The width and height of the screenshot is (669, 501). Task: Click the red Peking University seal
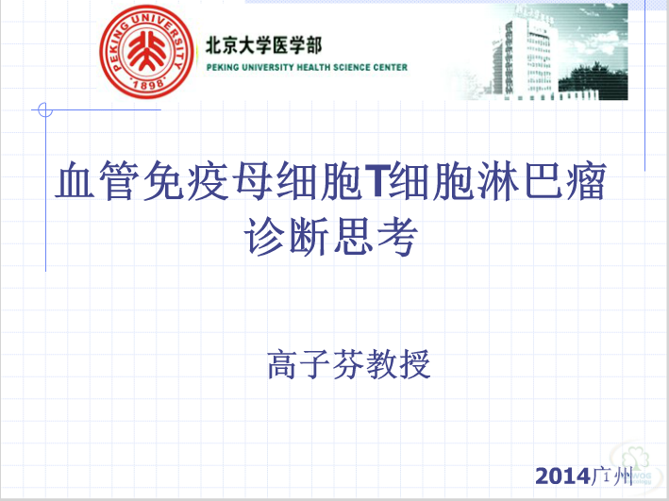[146, 52]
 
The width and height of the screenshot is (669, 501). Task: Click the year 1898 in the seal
[147, 84]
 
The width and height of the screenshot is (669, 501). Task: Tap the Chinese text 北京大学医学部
[263, 45]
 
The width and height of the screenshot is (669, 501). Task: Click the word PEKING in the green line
[223, 67]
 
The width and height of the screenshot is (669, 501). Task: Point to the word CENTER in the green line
[391, 67]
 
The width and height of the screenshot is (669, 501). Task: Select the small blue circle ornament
[44, 109]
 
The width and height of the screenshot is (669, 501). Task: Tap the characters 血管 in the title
[97, 180]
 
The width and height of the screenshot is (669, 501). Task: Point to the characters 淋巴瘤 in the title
[540, 180]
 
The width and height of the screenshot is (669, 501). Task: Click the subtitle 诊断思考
[331, 236]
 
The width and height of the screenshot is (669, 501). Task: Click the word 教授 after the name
[398, 364]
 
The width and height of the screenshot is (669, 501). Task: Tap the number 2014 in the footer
[562, 476]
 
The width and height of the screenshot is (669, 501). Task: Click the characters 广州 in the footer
[611, 476]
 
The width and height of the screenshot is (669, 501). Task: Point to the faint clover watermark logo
[636, 465]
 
